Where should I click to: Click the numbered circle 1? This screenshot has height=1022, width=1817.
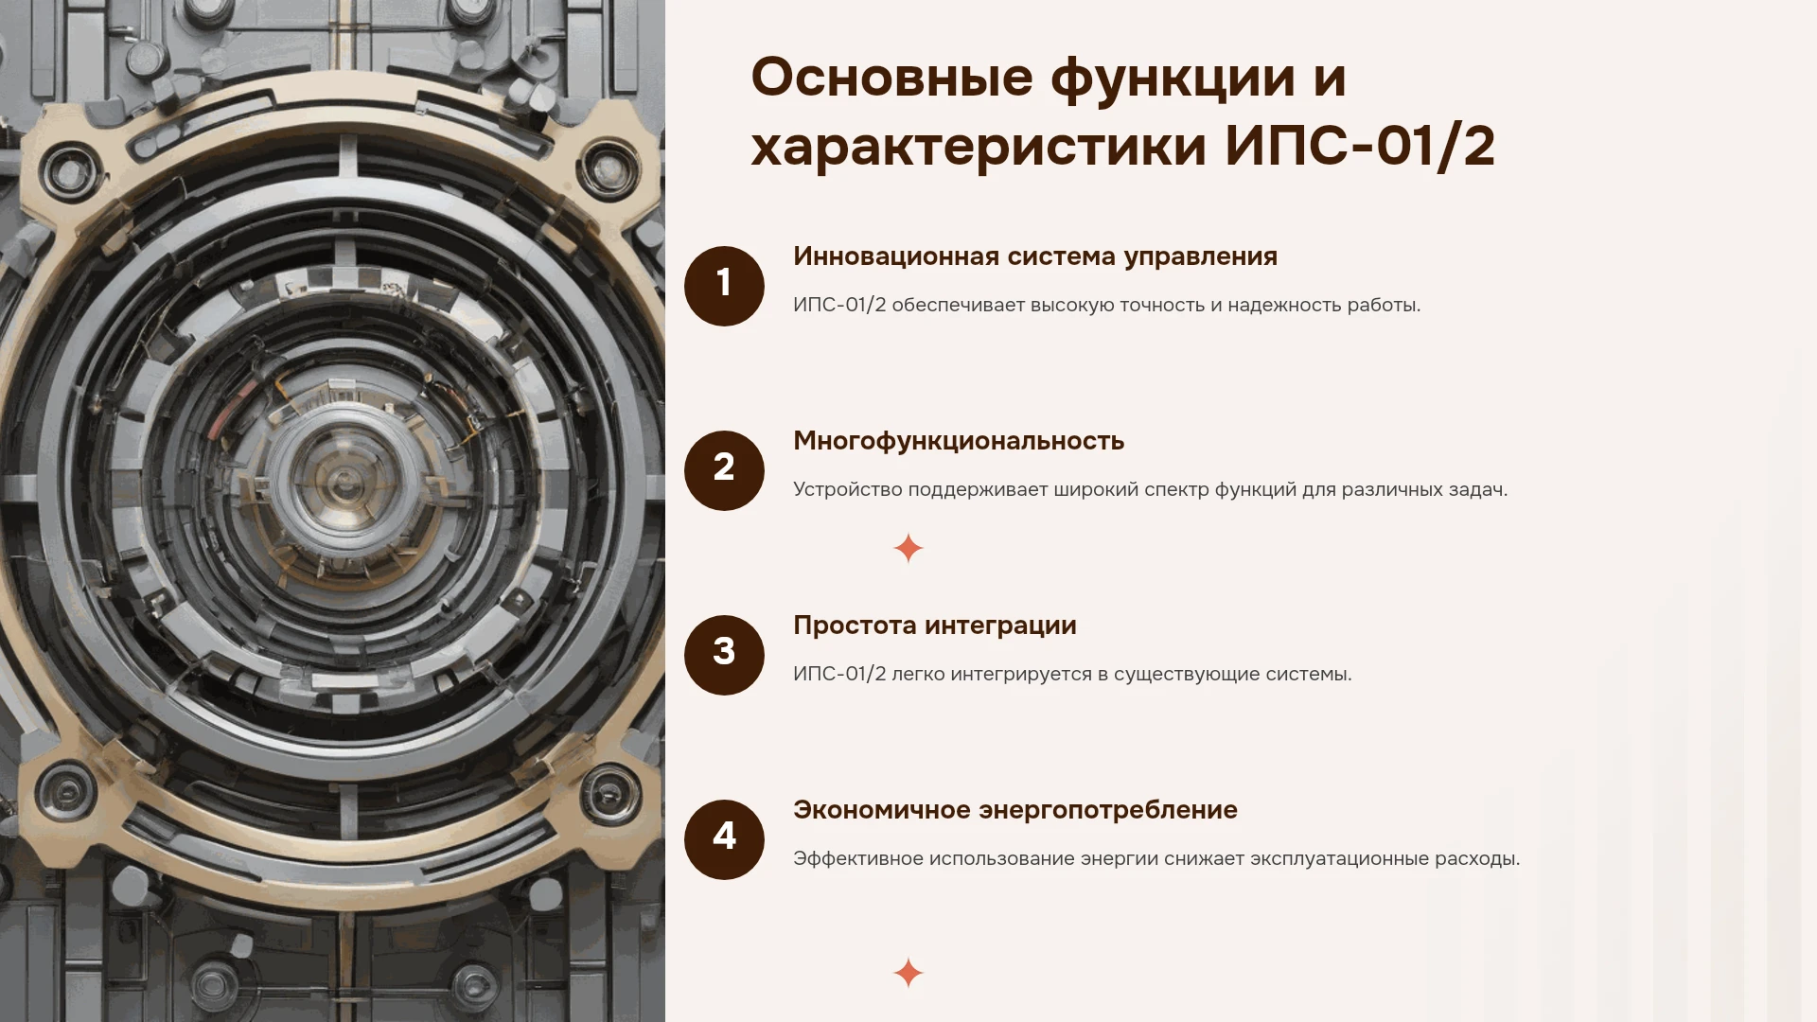(724, 286)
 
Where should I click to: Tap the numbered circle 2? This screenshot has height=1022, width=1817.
(724, 470)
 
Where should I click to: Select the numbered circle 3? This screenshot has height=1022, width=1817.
(724, 655)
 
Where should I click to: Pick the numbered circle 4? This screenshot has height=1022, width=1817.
(724, 839)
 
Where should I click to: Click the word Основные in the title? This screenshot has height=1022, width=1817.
(891, 78)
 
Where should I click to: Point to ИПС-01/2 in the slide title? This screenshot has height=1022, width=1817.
(1360, 147)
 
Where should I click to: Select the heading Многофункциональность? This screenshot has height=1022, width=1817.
(959, 441)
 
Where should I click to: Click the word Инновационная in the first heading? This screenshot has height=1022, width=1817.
(896, 256)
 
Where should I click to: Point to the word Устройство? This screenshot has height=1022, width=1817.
(848, 490)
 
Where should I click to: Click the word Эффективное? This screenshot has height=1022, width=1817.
(857, 859)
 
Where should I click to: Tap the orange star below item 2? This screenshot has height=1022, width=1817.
(908, 548)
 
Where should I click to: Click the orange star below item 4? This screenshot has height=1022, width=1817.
(908, 973)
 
